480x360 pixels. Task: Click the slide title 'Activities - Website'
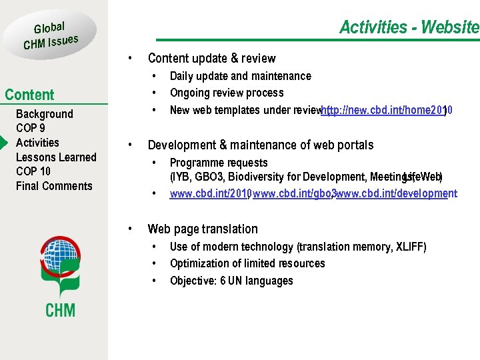pos(409,27)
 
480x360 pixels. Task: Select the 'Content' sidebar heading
pos(29,95)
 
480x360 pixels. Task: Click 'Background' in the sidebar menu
pos(44,114)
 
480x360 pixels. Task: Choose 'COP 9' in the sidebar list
pos(31,128)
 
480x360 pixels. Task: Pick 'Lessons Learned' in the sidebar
pos(56,157)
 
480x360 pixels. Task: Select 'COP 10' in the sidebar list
pos(33,171)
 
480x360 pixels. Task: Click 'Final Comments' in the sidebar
pos(54,186)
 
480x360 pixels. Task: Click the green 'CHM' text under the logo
pos(60,310)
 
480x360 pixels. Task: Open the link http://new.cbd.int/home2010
pos(387,111)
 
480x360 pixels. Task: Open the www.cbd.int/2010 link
pos(209,194)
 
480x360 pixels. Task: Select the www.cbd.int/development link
pos(396,194)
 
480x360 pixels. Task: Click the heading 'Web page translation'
pos(203,229)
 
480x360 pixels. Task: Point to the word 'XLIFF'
pos(411,247)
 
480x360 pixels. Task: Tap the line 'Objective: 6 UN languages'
pos(231,281)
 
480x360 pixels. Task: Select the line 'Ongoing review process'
pos(227,93)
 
